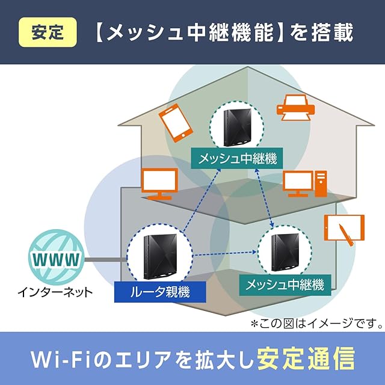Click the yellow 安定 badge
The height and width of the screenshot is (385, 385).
49,31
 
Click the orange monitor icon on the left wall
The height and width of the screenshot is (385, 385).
159,183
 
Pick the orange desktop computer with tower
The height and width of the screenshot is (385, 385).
304,184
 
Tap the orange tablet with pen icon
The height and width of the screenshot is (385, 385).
345,230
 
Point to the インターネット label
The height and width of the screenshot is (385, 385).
55,294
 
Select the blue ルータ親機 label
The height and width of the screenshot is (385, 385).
160,293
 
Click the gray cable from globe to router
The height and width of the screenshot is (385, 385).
105,260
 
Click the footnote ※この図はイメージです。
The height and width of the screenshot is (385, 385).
317,324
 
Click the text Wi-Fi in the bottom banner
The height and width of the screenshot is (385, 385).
60,359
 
